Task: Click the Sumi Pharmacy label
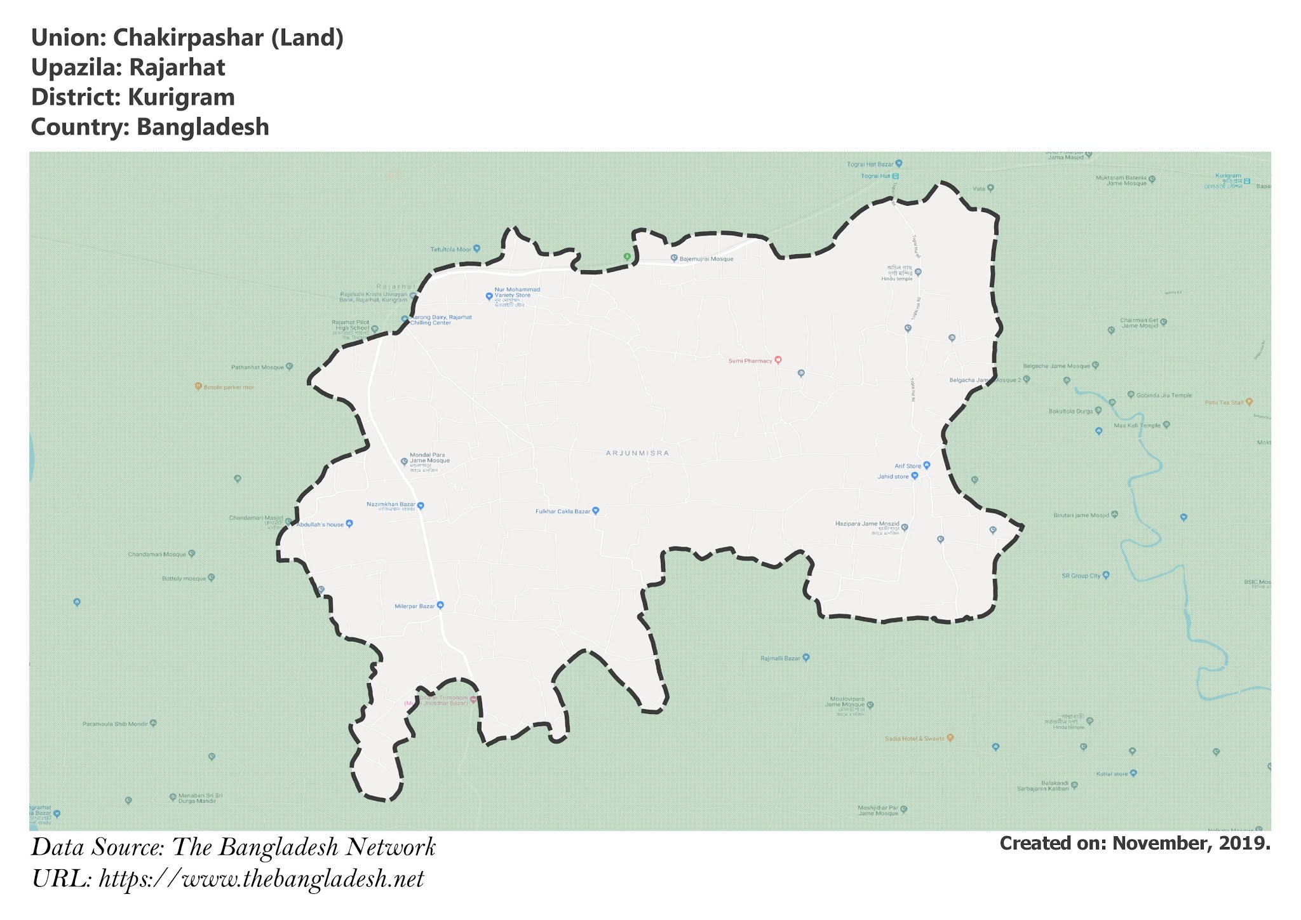tap(750, 361)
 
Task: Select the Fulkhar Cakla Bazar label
tap(563, 511)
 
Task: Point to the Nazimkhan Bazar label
tap(391, 505)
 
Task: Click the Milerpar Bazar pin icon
tap(440, 605)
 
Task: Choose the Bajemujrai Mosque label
tap(706, 259)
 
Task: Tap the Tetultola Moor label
tap(451, 249)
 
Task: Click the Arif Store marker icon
tap(927, 465)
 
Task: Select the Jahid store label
tap(893, 477)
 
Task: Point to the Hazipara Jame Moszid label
tap(867, 525)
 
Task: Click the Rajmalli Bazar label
tap(780, 658)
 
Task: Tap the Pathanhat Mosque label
tap(257, 367)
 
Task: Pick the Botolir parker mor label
tap(228, 387)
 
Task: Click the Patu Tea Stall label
tap(1224, 402)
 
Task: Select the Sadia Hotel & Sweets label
tap(915, 739)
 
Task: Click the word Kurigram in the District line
tap(181, 97)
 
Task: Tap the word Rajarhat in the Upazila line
tap(177, 67)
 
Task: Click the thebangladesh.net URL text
tap(262, 879)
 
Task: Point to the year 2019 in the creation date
tap(1246, 843)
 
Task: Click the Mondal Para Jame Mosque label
tap(429, 458)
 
